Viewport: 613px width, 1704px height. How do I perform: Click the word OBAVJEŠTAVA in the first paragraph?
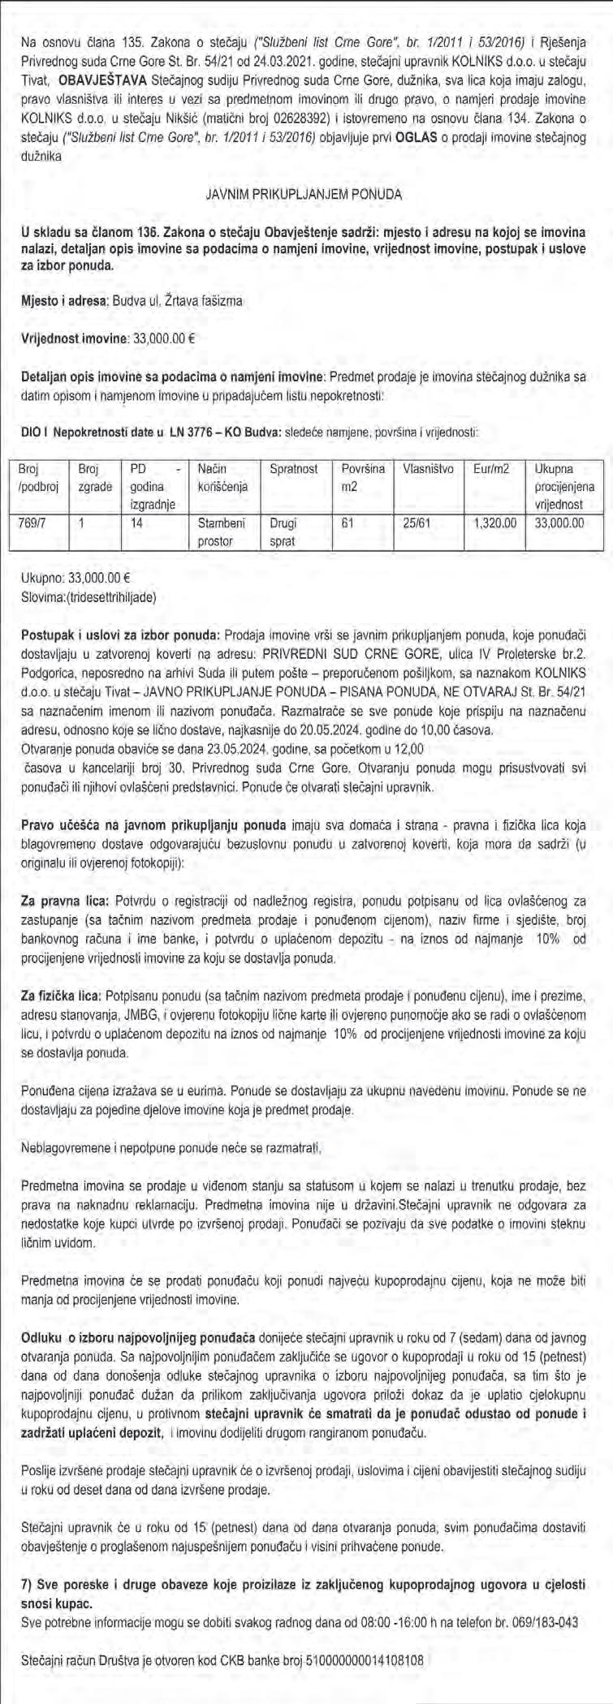point(108,82)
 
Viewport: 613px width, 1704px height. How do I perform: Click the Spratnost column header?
point(294,469)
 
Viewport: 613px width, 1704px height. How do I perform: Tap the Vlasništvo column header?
point(427,469)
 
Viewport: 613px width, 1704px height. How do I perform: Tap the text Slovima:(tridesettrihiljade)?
point(90,597)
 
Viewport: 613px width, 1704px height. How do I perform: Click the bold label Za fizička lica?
point(67,994)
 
